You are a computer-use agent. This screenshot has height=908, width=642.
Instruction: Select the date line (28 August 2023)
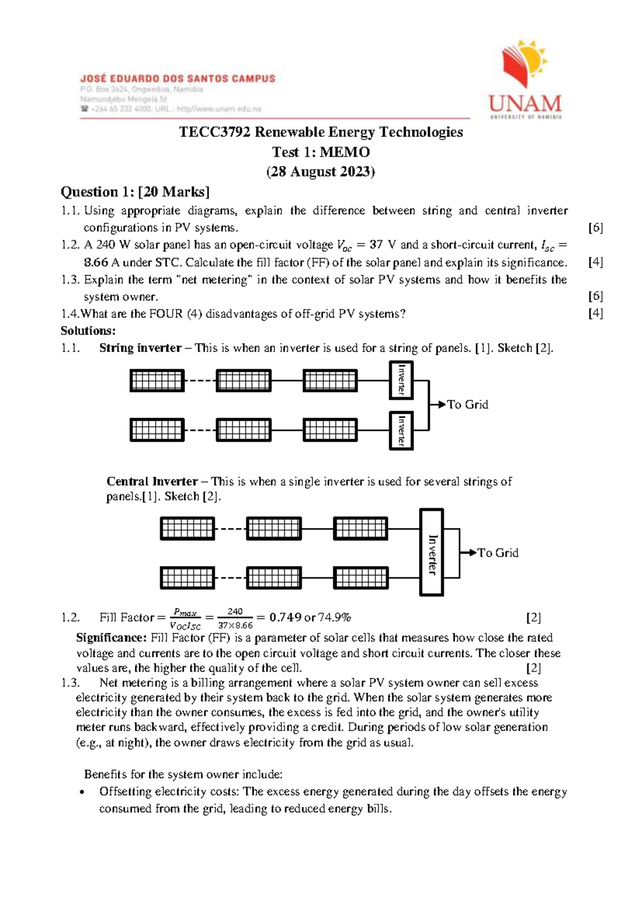[x=320, y=172]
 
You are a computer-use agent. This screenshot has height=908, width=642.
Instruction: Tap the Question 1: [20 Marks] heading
[x=135, y=192]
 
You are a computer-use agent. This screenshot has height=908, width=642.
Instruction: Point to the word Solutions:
[x=88, y=331]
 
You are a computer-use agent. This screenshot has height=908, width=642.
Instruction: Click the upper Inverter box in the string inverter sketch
[x=401, y=380]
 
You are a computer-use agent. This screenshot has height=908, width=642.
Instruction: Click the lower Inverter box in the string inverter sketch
[x=401, y=430]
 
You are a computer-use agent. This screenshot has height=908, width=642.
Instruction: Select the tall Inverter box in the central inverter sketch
[x=431, y=553]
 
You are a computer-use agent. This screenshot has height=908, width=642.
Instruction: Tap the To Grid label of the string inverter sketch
[x=468, y=405]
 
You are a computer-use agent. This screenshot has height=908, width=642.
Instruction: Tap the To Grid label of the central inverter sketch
[x=498, y=553]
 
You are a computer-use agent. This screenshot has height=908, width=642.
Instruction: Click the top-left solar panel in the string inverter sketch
[x=157, y=381]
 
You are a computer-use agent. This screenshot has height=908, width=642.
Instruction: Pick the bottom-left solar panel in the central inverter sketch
[x=187, y=578]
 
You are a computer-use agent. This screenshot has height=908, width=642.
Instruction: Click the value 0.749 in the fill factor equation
[x=285, y=617]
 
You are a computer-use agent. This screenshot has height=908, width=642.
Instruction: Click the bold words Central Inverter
[x=152, y=481]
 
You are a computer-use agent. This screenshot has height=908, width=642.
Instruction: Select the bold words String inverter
[x=140, y=348]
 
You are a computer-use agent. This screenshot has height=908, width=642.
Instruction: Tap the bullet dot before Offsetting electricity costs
[x=81, y=792]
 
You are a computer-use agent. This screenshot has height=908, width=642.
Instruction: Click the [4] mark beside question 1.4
[x=595, y=314]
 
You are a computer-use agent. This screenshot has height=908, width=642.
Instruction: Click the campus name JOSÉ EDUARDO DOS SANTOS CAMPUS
[x=178, y=79]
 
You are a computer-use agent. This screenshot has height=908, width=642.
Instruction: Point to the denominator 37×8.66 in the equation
[x=235, y=625]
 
